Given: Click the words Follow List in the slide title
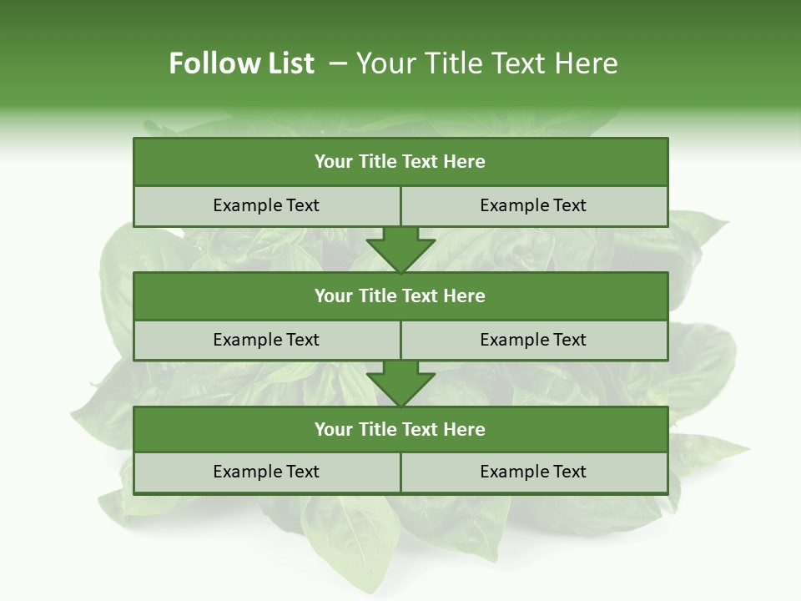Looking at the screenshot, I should click(x=241, y=63).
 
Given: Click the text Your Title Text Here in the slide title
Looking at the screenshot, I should click(x=486, y=63).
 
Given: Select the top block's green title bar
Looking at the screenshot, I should click(x=400, y=162).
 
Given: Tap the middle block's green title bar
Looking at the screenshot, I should click(x=400, y=295).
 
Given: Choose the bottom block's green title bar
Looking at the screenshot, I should click(x=400, y=429).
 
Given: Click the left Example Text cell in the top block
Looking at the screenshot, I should click(x=266, y=205).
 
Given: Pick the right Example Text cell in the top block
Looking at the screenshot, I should click(x=533, y=205).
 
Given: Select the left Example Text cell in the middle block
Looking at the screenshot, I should click(x=266, y=340).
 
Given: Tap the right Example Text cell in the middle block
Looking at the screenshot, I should click(x=533, y=340).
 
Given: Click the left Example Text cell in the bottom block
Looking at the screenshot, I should click(x=266, y=472).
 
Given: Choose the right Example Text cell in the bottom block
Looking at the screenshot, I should click(x=533, y=472).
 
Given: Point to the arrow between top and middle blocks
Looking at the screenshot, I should click(x=400, y=250).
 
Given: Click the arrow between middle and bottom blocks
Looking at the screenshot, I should click(x=400, y=384).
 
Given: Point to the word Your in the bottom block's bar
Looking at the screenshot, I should click(x=334, y=429).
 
